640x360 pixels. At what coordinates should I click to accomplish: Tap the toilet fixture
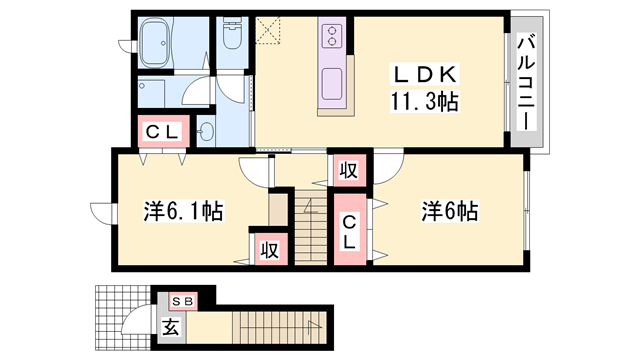pyautogui.click(x=232, y=39)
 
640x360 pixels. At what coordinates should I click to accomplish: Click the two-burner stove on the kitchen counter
pyautogui.click(x=331, y=38)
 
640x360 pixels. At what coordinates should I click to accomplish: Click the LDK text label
pyautogui.click(x=425, y=74)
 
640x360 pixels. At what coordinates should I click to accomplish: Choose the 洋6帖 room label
pyautogui.click(x=449, y=211)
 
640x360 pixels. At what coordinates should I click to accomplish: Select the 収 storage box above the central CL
pyautogui.click(x=349, y=170)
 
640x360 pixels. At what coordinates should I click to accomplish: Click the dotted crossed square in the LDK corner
pyautogui.click(x=269, y=33)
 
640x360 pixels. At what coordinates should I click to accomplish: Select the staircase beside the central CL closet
pyautogui.click(x=312, y=230)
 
